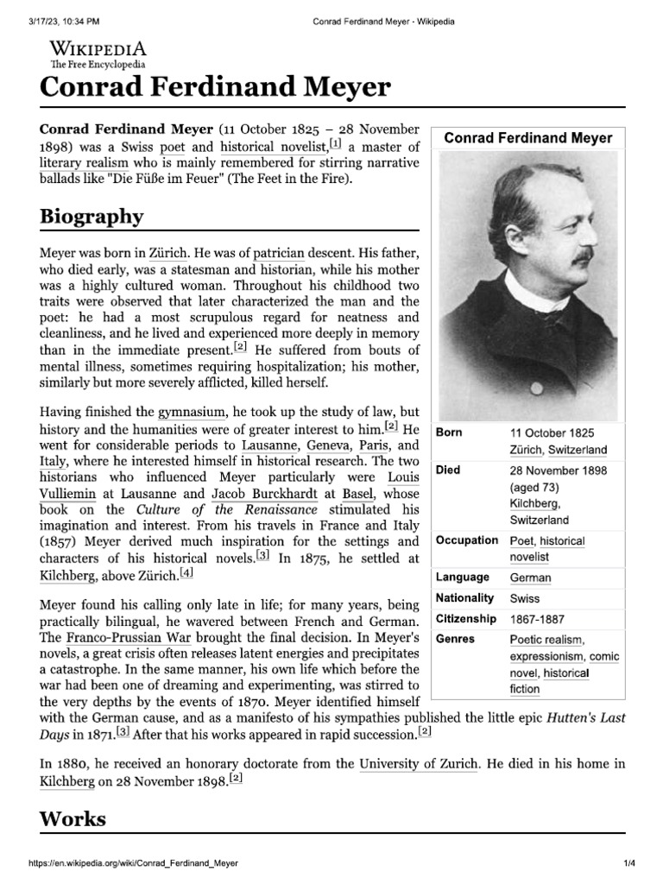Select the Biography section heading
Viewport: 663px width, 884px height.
[x=92, y=216]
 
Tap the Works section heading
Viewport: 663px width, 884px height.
[x=73, y=818]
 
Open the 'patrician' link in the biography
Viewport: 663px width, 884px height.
[x=279, y=254]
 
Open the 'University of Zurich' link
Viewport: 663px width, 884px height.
[x=418, y=763]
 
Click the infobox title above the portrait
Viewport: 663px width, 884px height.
[x=527, y=138]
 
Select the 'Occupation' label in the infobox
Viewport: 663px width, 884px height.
[x=467, y=540]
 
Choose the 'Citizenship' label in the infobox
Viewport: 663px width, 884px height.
[x=466, y=619]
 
